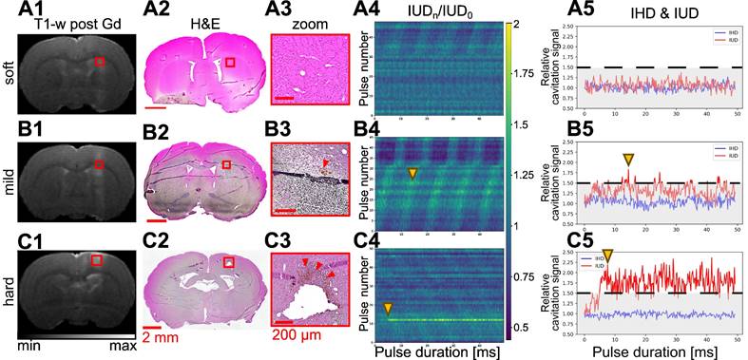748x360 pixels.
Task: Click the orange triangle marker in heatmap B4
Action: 412,173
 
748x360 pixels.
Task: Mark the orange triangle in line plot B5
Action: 627,160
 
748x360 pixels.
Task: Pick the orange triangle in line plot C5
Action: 607,255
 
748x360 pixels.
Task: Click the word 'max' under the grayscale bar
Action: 123,346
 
